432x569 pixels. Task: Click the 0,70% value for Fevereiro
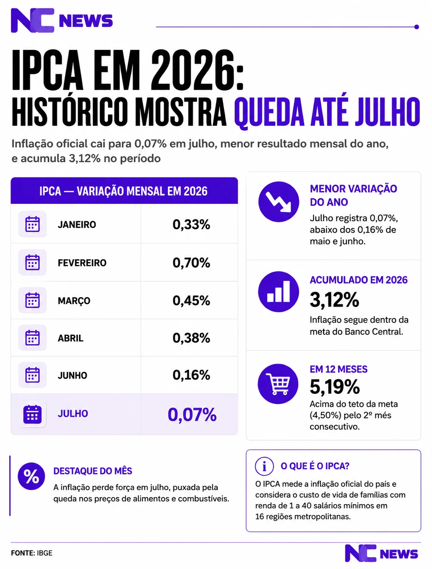pyautogui.click(x=191, y=263)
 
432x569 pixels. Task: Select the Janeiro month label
pyautogui.click(x=77, y=224)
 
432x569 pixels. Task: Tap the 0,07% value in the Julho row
pyautogui.click(x=192, y=415)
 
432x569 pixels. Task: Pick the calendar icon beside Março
pyautogui.click(x=32, y=300)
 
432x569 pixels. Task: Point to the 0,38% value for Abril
pyautogui.click(x=191, y=338)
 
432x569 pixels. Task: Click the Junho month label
pyautogui.click(x=72, y=375)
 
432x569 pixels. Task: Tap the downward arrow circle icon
pyautogui.click(x=279, y=202)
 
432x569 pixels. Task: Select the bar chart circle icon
pyautogui.click(x=279, y=292)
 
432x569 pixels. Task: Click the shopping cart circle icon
pyautogui.click(x=278, y=384)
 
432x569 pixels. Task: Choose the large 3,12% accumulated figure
pyautogui.click(x=334, y=300)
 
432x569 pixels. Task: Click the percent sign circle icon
pyautogui.click(x=31, y=476)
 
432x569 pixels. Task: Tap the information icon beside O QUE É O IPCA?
pyautogui.click(x=264, y=466)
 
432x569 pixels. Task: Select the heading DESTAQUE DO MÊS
pyautogui.click(x=93, y=471)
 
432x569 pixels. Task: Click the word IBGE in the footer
pyautogui.click(x=45, y=553)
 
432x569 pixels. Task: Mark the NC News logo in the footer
pyautogui.click(x=381, y=553)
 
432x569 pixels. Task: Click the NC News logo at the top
pyautogui.click(x=62, y=21)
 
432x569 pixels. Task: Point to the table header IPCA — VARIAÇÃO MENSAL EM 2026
pyautogui.click(x=123, y=191)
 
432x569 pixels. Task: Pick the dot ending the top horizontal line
pyautogui.click(x=417, y=27)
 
